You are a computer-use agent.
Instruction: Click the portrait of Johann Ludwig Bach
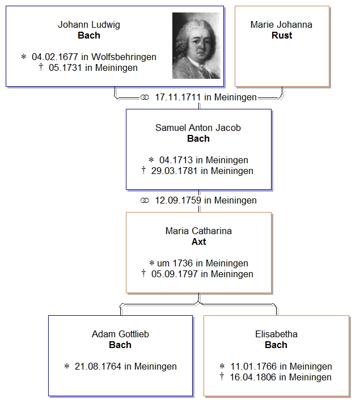(196, 45)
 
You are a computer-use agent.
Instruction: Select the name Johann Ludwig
(89, 25)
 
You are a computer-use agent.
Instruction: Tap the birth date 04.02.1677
(54, 57)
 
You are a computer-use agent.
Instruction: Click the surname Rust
(282, 35)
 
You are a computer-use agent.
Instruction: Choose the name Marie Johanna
(282, 25)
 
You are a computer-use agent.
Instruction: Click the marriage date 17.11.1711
(178, 97)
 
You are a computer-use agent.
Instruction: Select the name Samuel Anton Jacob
(198, 128)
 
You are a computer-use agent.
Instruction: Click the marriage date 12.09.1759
(178, 200)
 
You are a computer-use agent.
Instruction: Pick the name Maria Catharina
(198, 231)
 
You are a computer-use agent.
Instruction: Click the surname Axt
(198, 241)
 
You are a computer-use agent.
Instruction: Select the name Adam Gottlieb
(120, 334)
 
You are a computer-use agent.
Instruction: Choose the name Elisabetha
(276, 334)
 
